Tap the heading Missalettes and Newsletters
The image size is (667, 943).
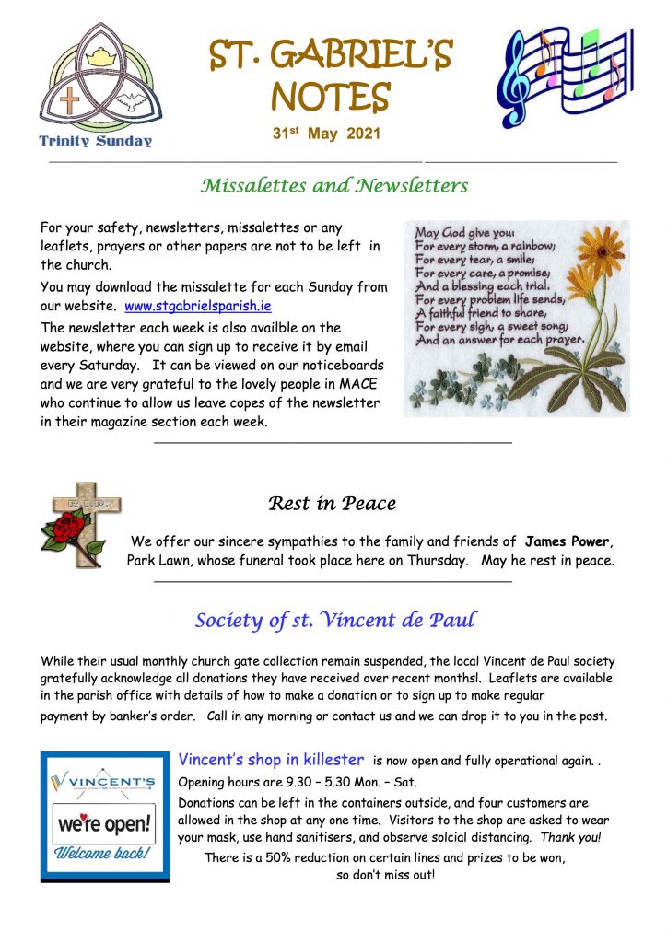(333, 186)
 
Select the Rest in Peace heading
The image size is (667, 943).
(332, 504)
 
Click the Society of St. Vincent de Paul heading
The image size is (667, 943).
(335, 621)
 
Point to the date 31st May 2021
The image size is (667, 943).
(327, 134)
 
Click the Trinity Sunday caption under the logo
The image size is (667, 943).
(97, 141)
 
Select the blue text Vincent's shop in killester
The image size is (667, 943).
(271, 761)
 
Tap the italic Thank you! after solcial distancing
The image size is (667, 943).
(571, 838)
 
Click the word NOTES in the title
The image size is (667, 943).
(332, 96)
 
